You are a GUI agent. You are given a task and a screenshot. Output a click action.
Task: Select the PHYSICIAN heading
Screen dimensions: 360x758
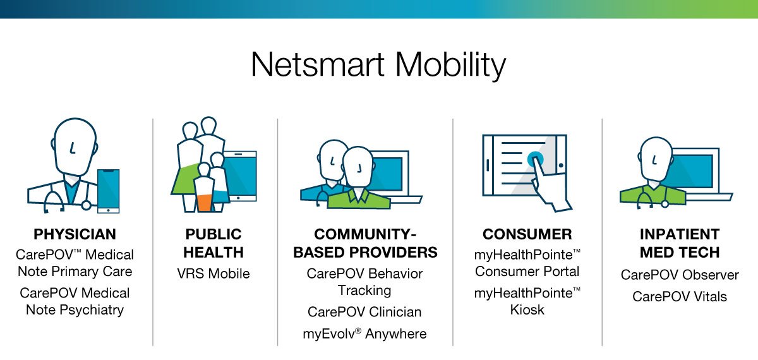tap(75, 234)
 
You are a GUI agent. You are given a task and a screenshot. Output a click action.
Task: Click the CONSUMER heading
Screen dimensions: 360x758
tap(527, 234)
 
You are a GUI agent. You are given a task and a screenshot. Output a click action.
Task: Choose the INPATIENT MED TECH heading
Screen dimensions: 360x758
tap(679, 243)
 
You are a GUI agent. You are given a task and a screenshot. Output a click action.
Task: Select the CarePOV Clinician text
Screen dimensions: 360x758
tap(364, 312)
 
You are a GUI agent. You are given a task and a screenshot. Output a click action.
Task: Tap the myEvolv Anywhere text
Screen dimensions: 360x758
tap(364, 333)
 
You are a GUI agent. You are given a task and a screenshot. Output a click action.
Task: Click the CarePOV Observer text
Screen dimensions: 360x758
tap(679, 275)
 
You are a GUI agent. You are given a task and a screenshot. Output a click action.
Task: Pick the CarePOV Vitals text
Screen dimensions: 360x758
tap(679, 296)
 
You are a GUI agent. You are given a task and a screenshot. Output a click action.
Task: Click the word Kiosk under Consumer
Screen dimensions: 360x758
tap(527, 310)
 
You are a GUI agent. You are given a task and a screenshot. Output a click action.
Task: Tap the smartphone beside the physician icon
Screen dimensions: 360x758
tap(108, 190)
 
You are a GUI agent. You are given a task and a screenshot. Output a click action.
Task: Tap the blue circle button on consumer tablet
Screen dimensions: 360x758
tap(535, 157)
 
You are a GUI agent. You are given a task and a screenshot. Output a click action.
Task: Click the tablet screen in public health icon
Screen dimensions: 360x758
tap(242, 175)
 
